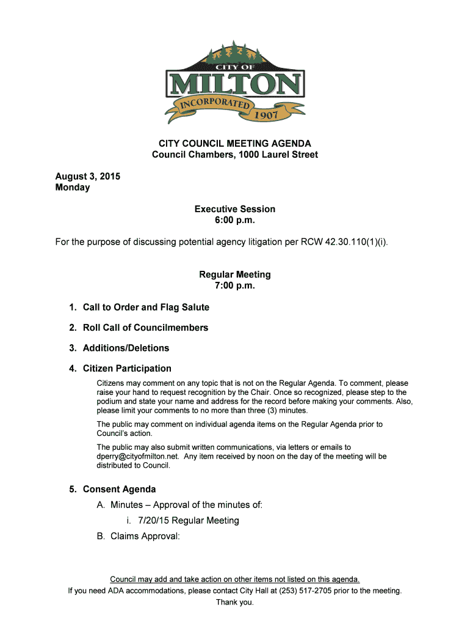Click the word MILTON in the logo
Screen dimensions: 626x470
pos(235,84)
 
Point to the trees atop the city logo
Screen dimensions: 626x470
pos(235,51)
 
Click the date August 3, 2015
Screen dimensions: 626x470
pos(88,177)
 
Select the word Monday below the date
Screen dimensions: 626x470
pos(73,188)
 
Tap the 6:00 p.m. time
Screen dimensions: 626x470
pos(235,220)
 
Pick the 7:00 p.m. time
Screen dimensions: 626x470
pos(235,285)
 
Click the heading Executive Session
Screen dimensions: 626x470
pos(235,209)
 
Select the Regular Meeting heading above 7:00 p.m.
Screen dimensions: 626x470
pos(235,274)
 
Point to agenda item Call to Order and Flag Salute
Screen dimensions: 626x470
pos(146,307)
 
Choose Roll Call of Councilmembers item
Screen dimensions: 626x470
pos(145,328)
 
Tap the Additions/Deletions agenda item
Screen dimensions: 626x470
pos(126,348)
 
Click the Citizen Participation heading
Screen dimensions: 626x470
pos(127,369)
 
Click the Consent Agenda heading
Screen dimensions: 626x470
pos(119,489)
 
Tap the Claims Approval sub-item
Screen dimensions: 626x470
pos(145,537)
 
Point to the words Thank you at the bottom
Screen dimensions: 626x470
pos(235,602)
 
